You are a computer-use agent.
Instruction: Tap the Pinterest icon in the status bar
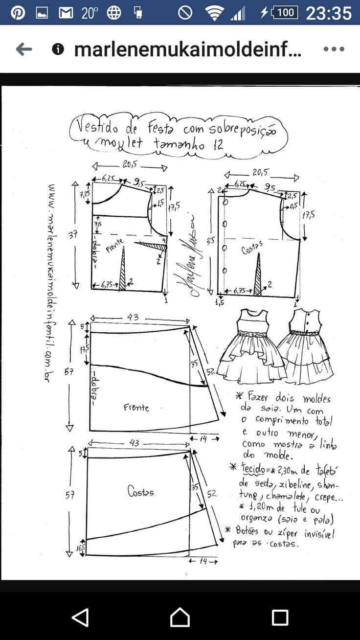click(18, 12)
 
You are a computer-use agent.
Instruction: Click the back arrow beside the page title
click(23, 49)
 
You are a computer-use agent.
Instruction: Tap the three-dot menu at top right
click(334, 49)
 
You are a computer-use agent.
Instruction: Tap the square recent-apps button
click(280, 617)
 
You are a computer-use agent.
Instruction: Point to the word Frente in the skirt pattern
click(136, 408)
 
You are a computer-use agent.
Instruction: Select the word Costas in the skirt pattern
click(140, 492)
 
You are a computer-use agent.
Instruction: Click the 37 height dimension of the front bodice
click(73, 235)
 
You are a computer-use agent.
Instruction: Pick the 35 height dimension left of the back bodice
click(210, 240)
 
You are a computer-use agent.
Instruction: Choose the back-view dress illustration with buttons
click(306, 345)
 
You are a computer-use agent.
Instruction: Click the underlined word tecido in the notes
click(252, 468)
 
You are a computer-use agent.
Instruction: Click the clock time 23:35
click(328, 13)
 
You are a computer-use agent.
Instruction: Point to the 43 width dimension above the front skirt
click(133, 318)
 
